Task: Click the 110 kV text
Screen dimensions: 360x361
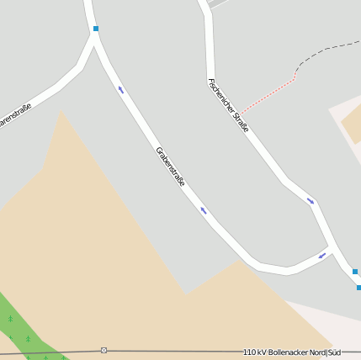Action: click(253, 352)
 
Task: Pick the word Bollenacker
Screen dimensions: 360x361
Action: click(290, 352)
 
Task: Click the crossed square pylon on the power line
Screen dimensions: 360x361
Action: click(104, 349)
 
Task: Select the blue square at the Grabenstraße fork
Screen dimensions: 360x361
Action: click(96, 29)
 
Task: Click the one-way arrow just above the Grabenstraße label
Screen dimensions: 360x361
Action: click(120, 89)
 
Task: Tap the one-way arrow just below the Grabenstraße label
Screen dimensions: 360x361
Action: click(203, 210)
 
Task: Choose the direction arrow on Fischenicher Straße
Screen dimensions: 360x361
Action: click(311, 200)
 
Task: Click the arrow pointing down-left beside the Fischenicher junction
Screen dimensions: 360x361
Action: click(322, 256)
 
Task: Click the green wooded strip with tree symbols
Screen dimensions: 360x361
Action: click(21, 328)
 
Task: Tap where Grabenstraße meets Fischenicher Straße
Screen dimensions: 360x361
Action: click(333, 250)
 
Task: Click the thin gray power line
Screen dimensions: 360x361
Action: click(168, 350)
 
